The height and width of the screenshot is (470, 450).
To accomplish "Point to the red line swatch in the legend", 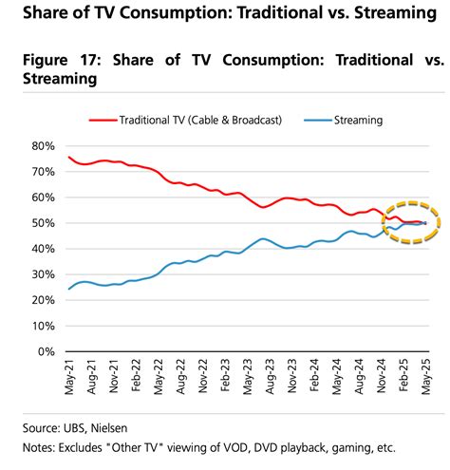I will [101, 121].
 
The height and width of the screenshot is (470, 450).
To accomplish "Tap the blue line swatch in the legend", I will [319, 121].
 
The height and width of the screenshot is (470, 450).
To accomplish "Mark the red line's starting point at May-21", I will [69, 157].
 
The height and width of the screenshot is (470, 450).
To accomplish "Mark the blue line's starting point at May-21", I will [69, 288].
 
